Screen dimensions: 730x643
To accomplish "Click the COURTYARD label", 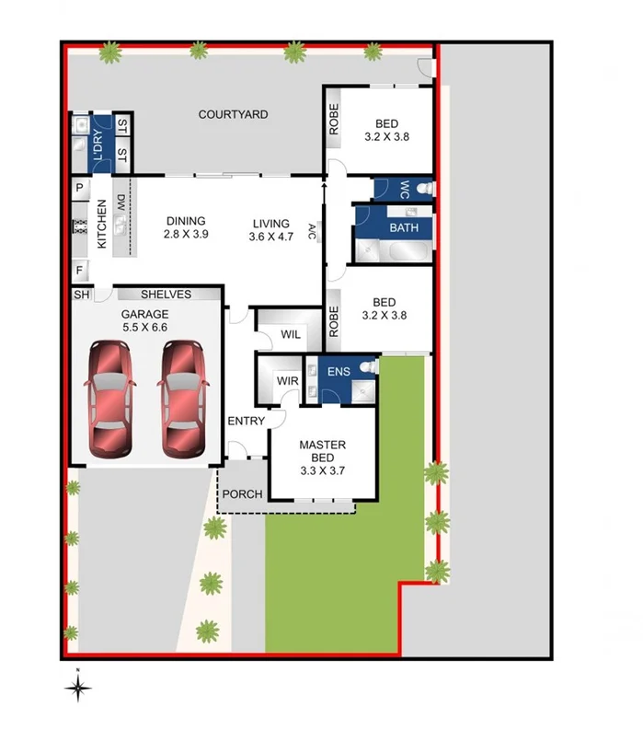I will (234, 114).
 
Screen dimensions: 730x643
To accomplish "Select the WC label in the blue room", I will (403, 188).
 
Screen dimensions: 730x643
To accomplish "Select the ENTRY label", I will (246, 421).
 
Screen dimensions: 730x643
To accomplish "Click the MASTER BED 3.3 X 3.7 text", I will (323, 452).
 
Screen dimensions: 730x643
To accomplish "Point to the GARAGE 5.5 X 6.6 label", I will (146, 319).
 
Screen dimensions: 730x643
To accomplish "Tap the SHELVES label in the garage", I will (166, 295).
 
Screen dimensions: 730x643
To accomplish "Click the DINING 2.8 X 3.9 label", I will (186, 227).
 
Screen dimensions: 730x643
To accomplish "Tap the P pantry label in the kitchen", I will (80, 188).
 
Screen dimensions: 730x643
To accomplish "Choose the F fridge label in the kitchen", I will (80, 271).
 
